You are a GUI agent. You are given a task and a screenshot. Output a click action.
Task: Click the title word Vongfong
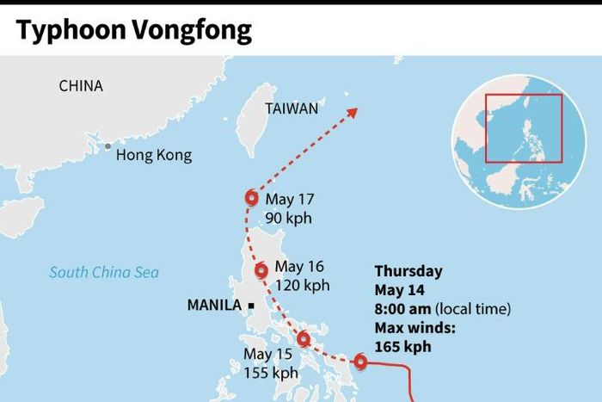click(x=199, y=31)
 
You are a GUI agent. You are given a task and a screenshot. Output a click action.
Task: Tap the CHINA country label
click(x=81, y=86)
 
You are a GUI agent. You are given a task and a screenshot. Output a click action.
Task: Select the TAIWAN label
click(x=292, y=108)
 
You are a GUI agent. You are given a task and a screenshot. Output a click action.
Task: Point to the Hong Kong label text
click(x=154, y=155)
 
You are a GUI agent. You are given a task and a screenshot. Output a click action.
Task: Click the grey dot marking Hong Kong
click(x=107, y=146)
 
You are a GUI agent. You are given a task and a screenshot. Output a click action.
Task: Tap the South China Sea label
click(x=103, y=273)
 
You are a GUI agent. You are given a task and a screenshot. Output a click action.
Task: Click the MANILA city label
click(x=214, y=305)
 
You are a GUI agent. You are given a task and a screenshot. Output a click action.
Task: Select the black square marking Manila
click(x=250, y=306)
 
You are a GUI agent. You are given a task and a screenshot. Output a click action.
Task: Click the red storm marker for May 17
click(x=251, y=197)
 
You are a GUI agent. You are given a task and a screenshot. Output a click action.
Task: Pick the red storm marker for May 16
click(x=261, y=270)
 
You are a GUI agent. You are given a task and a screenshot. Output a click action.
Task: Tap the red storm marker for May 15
click(x=303, y=338)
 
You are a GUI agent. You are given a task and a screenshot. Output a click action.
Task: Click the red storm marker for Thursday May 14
click(x=360, y=362)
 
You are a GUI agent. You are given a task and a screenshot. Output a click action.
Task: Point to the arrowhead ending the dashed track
click(x=353, y=110)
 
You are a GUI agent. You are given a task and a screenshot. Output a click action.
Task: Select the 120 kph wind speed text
click(x=302, y=285)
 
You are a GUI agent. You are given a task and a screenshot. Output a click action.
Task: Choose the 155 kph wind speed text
click(x=270, y=373)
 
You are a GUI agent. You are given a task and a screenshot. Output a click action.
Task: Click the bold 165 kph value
click(x=403, y=347)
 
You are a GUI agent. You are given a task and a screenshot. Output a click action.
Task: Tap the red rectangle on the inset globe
click(x=523, y=127)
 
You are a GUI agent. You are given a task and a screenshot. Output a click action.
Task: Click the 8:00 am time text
click(x=402, y=309)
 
